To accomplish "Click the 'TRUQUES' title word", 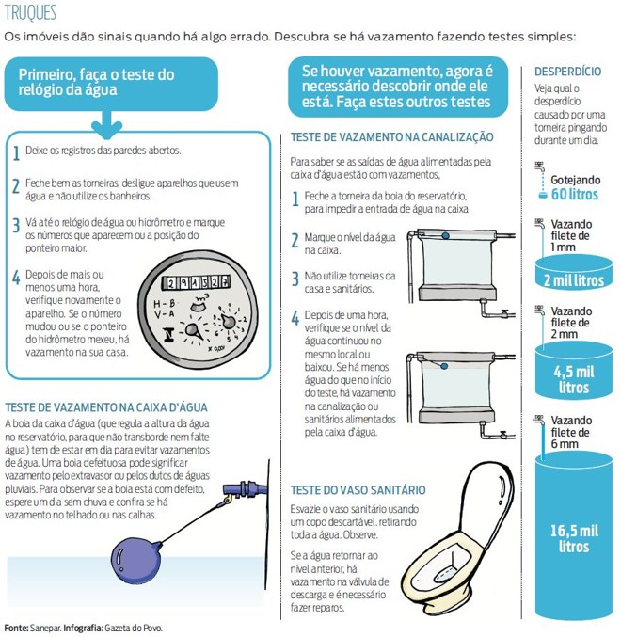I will point(30,13).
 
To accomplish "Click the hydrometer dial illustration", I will point(193,305).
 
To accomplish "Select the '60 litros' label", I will point(574,194).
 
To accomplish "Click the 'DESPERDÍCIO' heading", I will point(567,72).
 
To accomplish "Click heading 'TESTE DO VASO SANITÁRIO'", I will point(358,491).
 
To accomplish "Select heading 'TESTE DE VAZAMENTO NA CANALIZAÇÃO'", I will point(391,137).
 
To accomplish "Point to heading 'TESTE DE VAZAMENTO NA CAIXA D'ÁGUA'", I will point(106,407).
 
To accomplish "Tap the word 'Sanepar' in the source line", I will point(43,627).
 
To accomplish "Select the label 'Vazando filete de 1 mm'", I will point(571,233).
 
